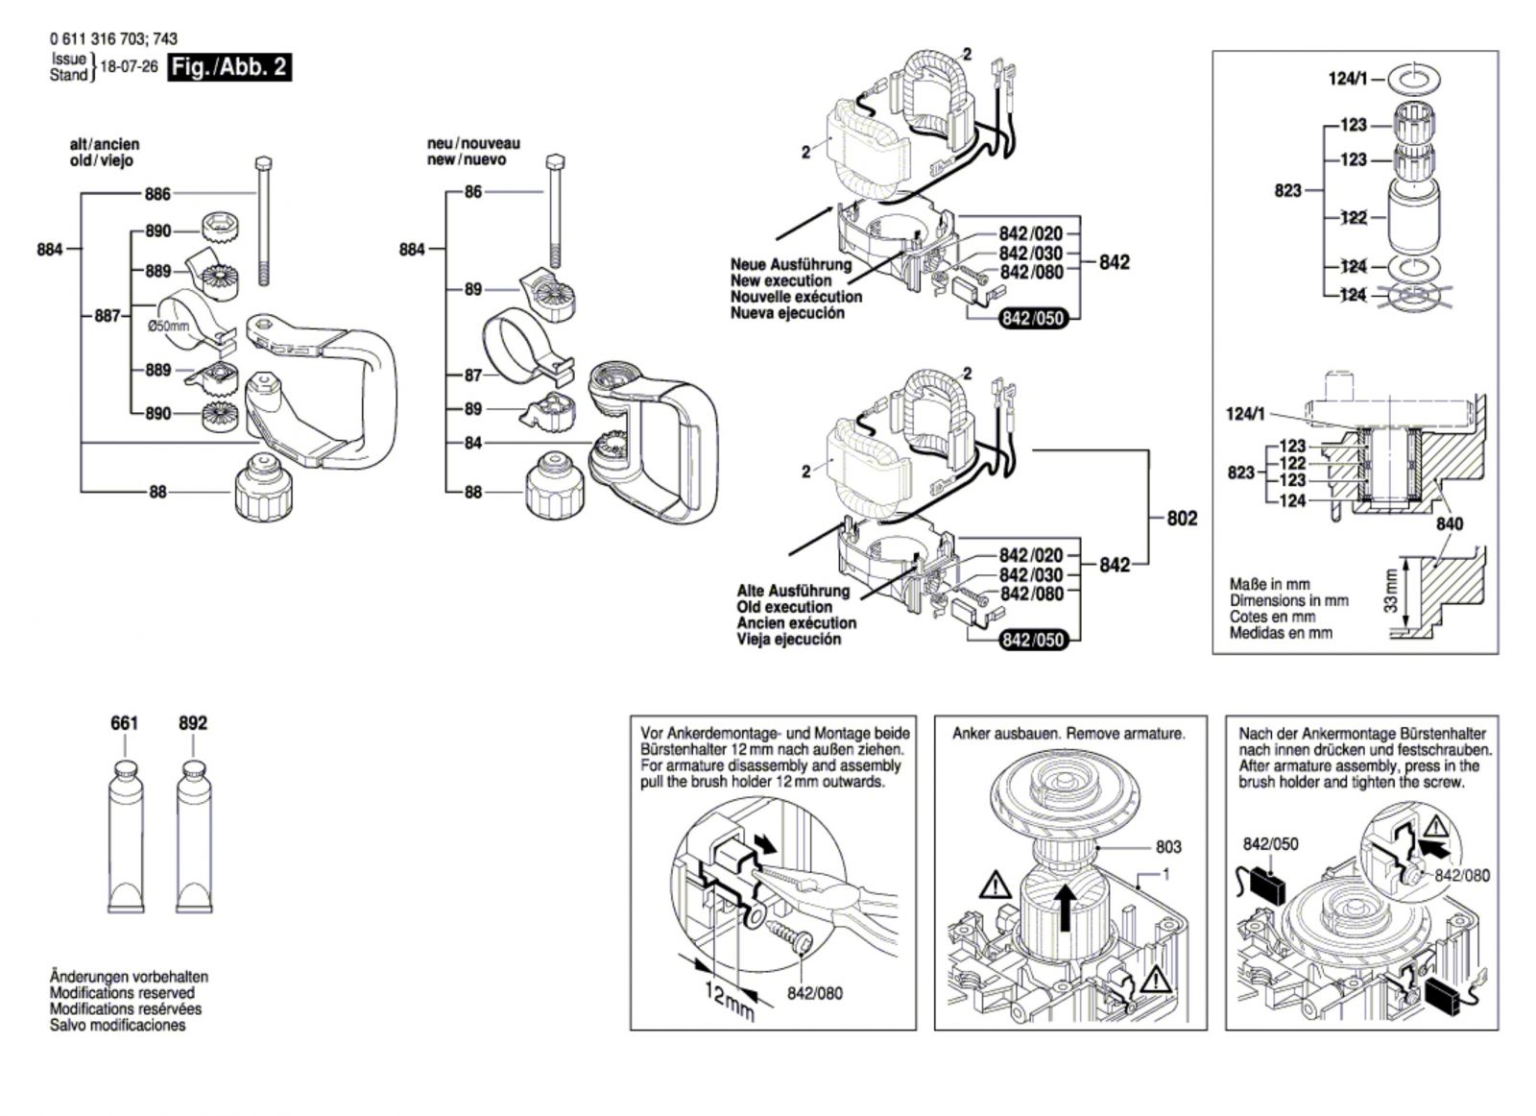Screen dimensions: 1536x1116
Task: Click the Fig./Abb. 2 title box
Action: [229, 68]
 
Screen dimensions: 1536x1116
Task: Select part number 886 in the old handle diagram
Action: [157, 195]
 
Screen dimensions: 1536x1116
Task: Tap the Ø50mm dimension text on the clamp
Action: [168, 326]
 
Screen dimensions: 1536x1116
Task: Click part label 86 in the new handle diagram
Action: [473, 192]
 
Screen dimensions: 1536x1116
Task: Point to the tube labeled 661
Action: [126, 837]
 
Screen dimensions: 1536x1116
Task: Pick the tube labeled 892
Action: [195, 837]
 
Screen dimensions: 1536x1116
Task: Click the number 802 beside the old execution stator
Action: [1182, 519]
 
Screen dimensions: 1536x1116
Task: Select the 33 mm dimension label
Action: [1390, 592]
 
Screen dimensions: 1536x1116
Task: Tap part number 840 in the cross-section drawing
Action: [1450, 524]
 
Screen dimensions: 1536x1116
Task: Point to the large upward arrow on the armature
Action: [1064, 907]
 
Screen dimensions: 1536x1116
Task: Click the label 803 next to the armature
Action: [1168, 847]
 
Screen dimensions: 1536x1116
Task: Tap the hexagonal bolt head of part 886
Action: [263, 164]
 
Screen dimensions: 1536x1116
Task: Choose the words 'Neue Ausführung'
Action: [791, 265]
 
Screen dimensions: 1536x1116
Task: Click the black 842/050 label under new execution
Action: [1033, 319]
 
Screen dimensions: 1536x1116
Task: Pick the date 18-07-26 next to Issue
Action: [129, 67]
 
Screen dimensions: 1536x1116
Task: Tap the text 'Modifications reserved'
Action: [122, 992]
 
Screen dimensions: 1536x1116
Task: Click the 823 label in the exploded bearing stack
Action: [1287, 191]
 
